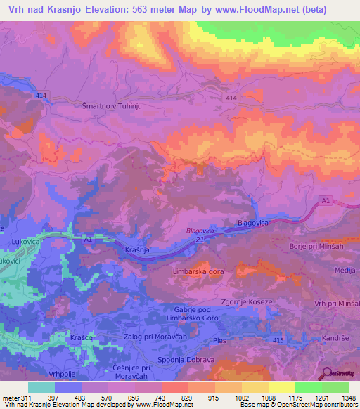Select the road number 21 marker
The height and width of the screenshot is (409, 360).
[x=199, y=240]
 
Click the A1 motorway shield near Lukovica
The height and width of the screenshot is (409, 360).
[x=88, y=239]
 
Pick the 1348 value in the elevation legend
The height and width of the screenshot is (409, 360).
[x=339, y=398]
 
